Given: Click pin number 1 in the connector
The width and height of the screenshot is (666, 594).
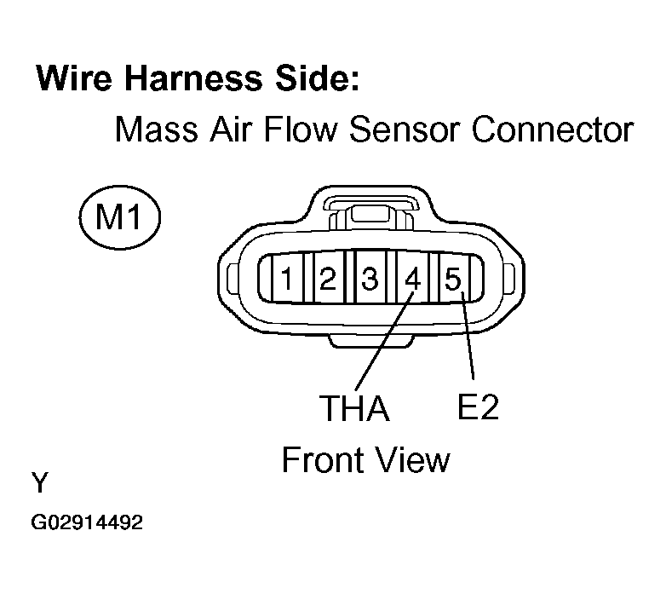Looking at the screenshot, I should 290,278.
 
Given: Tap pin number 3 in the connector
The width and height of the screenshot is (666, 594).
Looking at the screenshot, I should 370,278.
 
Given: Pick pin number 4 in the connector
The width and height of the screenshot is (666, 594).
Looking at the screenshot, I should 413,278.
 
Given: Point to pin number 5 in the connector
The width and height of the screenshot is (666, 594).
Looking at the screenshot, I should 452,278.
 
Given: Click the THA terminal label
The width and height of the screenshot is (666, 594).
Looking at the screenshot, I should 354,409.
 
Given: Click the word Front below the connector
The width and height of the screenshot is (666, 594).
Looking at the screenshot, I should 320,460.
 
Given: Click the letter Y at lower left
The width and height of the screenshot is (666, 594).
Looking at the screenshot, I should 40,484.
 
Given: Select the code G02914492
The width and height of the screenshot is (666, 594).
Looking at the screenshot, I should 87,522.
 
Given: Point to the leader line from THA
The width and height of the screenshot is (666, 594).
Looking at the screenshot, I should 381,341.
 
